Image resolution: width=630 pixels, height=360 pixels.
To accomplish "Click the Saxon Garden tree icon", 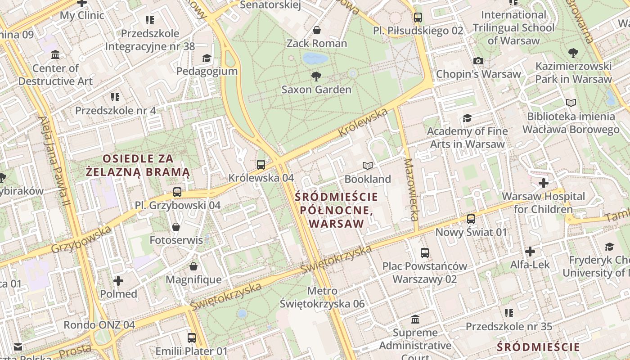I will (x=316, y=76).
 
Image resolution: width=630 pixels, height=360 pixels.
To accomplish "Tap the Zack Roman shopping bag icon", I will (x=317, y=30).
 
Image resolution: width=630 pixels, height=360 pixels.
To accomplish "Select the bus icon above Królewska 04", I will (x=261, y=164).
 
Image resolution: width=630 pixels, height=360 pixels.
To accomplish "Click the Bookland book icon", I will (x=368, y=166).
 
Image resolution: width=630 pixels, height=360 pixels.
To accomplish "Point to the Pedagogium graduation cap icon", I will (x=207, y=58).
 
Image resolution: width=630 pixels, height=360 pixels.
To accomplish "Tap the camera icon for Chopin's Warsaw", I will (x=478, y=61).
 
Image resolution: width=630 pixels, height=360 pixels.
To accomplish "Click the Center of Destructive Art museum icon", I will (x=55, y=55).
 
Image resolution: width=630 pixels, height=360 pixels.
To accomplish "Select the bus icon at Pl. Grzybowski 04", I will (x=177, y=192).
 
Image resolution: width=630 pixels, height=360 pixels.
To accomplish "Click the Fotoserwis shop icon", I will (x=176, y=227).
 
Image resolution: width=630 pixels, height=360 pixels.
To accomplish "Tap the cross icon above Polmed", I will (x=118, y=281).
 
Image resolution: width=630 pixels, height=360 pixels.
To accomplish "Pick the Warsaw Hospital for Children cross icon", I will (x=544, y=183).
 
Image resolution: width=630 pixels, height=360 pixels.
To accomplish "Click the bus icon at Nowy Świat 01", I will (x=471, y=219).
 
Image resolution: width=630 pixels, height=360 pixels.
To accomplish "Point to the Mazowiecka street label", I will (x=411, y=189).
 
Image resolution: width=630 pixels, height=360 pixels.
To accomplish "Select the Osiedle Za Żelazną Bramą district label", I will (x=138, y=165).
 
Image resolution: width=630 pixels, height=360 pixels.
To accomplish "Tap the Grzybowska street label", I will (x=81, y=240).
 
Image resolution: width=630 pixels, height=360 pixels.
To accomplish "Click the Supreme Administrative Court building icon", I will (x=415, y=319).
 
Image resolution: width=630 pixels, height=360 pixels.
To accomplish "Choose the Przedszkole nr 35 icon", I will (x=509, y=313).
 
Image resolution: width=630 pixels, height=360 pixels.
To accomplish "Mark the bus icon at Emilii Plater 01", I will (x=192, y=337).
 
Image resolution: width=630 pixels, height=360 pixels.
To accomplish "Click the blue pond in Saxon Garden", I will (x=315, y=58).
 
